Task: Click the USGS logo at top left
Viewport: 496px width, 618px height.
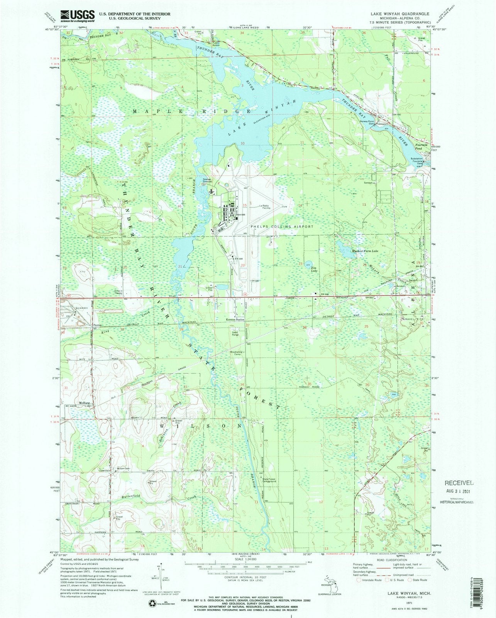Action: pos(80,15)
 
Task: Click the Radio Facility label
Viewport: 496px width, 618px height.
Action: pos(266,207)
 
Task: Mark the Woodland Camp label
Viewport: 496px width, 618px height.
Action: pos(236,353)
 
